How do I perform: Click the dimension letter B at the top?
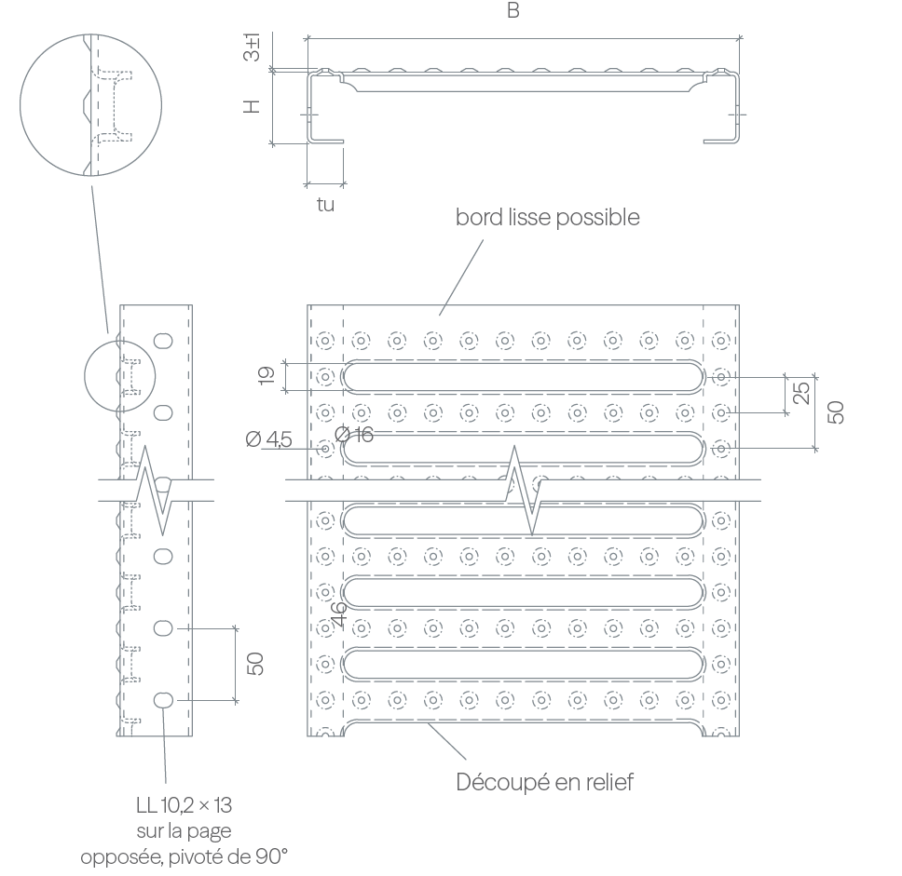coord(513,10)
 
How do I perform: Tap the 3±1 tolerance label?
coord(252,47)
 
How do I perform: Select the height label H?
coord(252,106)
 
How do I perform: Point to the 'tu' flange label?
coord(325,205)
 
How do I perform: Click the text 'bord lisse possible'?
coord(548,217)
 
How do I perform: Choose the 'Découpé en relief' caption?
coord(545,782)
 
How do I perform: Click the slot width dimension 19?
coord(266,375)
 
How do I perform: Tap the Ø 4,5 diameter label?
coord(268,439)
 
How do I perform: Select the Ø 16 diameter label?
coord(354,435)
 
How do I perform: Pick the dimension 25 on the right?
coord(801,393)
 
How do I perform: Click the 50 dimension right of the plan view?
coord(836,412)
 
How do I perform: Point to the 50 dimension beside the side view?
coord(254,664)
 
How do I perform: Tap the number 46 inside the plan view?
coord(339,613)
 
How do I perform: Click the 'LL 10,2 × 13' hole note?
coord(184,805)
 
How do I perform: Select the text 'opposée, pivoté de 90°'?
coord(184,857)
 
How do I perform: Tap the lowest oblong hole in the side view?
coord(163,700)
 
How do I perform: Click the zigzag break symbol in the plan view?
coord(524,490)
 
